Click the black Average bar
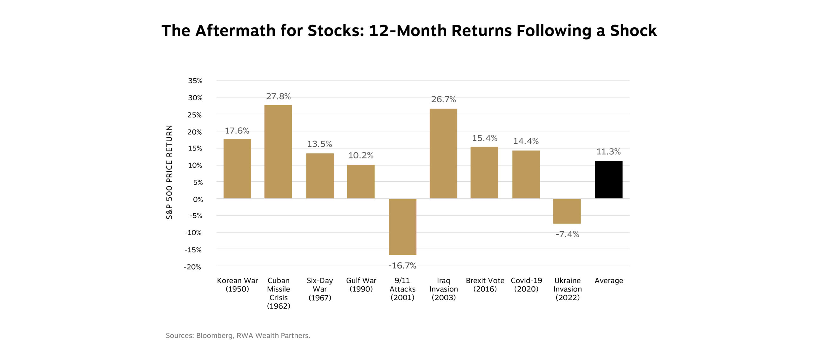[x=608, y=180]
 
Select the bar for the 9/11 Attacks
[x=402, y=227]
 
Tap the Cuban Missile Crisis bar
[x=278, y=152]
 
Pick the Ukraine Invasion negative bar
[x=567, y=211]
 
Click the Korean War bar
[x=237, y=169]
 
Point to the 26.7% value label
[x=443, y=99]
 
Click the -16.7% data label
[x=402, y=265]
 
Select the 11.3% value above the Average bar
[x=608, y=151]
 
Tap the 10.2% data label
[x=361, y=155]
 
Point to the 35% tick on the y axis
[x=195, y=81]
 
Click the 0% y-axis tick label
[x=198, y=199]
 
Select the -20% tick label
[x=192, y=267]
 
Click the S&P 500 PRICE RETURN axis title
[x=169, y=172]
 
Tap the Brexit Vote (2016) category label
[x=485, y=285]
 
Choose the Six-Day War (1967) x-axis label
[x=320, y=289]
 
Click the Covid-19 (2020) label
[x=526, y=285]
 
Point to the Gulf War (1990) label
[x=361, y=285]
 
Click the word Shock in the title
[x=633, y=31]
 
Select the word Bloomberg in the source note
[x=214, y=336]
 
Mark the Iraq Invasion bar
[x=443, y=154]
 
